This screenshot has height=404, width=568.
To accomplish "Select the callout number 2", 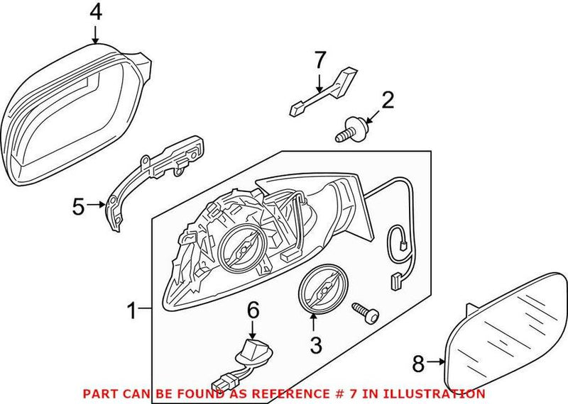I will pyautogui.click(x=387, y=99).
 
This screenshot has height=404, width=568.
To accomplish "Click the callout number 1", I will pyautogui.click(x=131, y=310).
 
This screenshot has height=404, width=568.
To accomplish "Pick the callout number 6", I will pyautogui.click(x=253, y=310).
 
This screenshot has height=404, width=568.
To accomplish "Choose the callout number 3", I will pyautogui.click(x=315, y=345).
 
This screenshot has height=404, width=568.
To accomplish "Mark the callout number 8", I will pyautogui.click(x=418, y=363).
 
